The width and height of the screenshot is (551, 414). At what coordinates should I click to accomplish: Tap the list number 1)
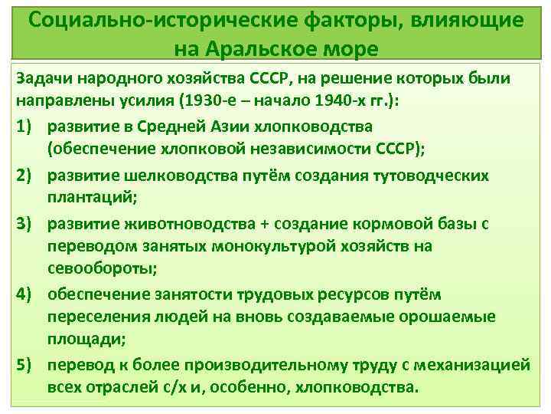click(x=27, y=125)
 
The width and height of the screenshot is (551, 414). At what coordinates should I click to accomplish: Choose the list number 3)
click(x=27, y=224)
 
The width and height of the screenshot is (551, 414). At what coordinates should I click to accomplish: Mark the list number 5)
click(x=27, y=365)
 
